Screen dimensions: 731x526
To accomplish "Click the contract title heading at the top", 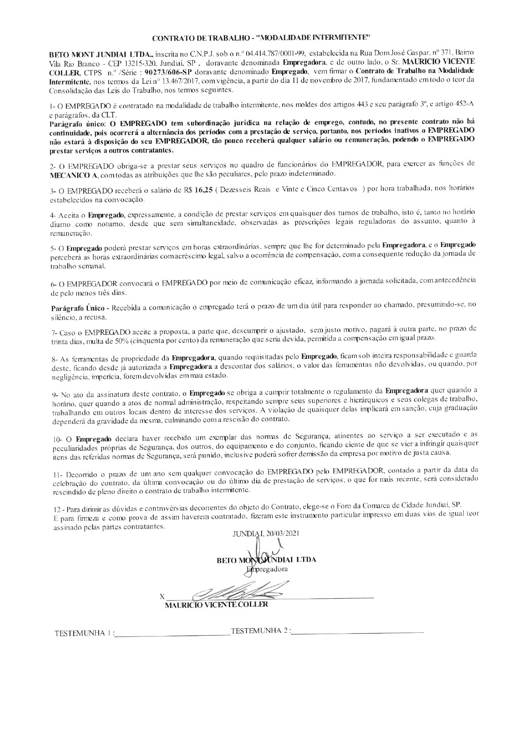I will (x=261, y=38).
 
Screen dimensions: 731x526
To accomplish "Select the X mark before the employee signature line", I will (x=162, y=597).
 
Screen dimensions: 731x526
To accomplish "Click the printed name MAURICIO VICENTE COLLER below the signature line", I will (x=216, y=604).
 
